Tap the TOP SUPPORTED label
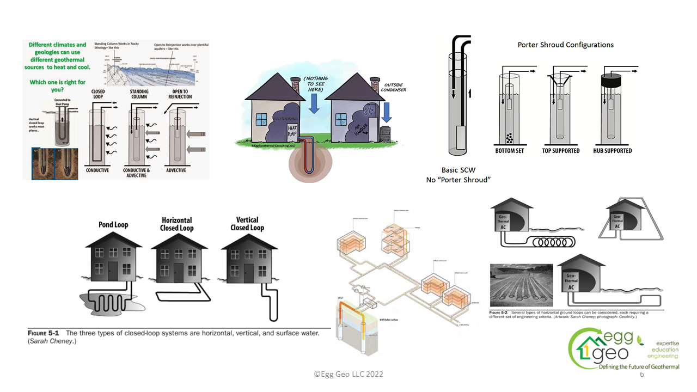(561, 150)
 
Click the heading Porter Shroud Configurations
(565, 45)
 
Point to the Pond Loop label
(113, 224)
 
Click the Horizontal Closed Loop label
(177, 224)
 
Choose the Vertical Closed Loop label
(247, 224)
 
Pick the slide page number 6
(642, 375)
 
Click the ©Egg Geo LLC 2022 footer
(348, 374)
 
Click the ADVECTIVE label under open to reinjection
(175, 170)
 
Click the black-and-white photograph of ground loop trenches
(521, 285)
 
